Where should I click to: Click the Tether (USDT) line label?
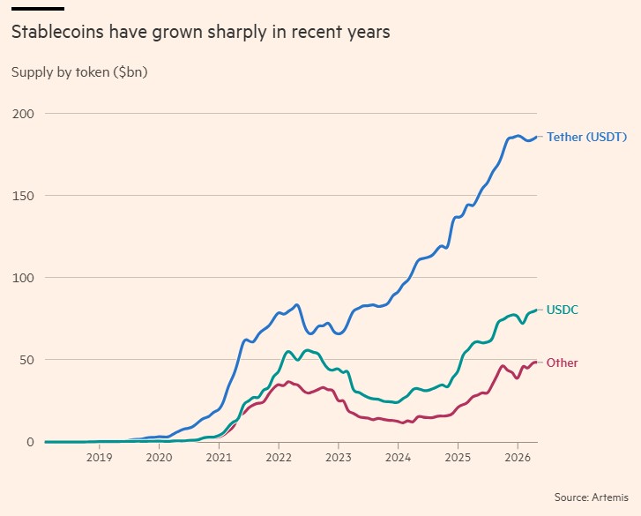(586, 137)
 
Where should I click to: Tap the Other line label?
(563, 363)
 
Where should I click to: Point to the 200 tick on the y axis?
(21, 114)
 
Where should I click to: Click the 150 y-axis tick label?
(21, 196)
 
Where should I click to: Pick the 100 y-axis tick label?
(21, 278)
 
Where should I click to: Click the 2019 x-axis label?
(99, 459)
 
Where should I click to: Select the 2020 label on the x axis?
(159, 459)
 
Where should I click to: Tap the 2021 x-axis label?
(219, 459)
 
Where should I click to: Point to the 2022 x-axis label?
(279, 459)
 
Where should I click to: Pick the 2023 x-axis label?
(339, 459)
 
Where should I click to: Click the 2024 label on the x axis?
(398, 459)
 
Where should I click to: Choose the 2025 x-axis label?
(458, 459)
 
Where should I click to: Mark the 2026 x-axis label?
(518, 459)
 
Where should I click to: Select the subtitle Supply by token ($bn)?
(79, 72)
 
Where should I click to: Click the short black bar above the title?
(37, 8)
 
